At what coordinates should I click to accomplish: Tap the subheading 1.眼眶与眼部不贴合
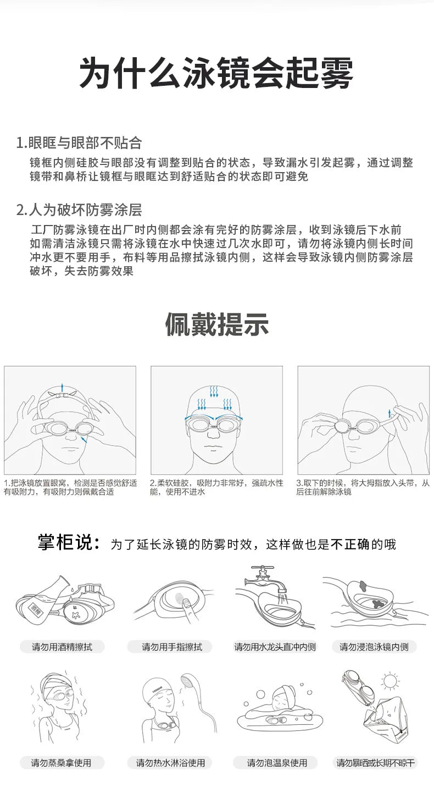[x=79, y=143]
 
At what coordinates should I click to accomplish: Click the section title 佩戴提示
[x=217, y=324]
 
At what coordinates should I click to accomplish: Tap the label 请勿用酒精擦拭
[x=62, y=647]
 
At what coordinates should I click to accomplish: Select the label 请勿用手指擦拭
[x=172, y=647]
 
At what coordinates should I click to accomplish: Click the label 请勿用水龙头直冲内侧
[x=275, y=647]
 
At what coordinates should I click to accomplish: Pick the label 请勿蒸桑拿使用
[x=61, y=763]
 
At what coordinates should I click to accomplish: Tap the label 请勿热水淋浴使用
[x=170, y=763]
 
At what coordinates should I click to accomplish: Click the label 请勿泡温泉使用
[x=277, y=763]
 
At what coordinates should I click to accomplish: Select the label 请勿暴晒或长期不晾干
[x=376, y=763]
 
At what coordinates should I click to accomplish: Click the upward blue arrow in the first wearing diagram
[x=62, y=387]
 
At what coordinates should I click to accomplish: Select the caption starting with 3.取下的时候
[x=363, y=487]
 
